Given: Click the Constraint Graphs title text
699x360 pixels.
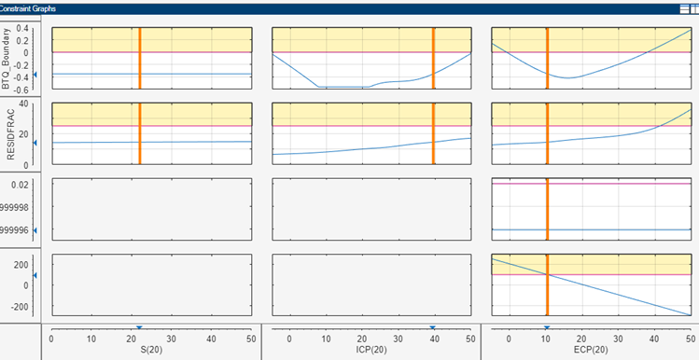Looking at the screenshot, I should click(29, 7).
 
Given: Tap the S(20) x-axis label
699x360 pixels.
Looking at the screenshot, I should click(151, 350).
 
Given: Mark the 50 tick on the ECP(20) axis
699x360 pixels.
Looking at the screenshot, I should click(691, 339).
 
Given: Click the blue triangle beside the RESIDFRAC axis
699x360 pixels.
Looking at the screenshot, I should click(35, 143).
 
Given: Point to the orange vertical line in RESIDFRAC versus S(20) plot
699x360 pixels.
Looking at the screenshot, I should click(139, 132).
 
